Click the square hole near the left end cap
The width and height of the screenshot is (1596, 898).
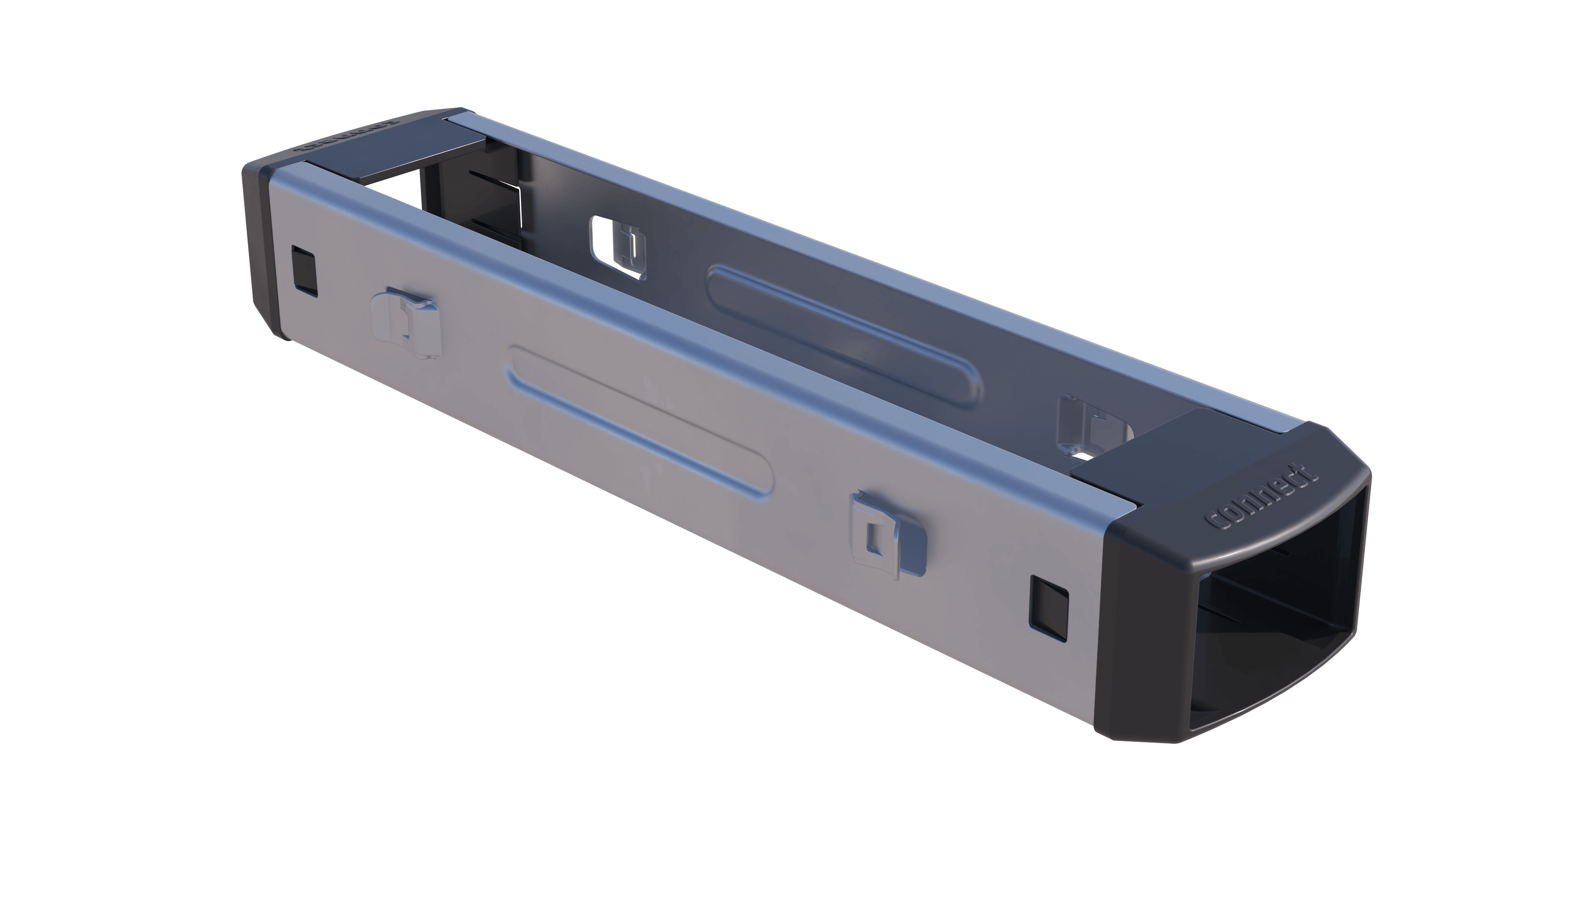click(x=303, y=269)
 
